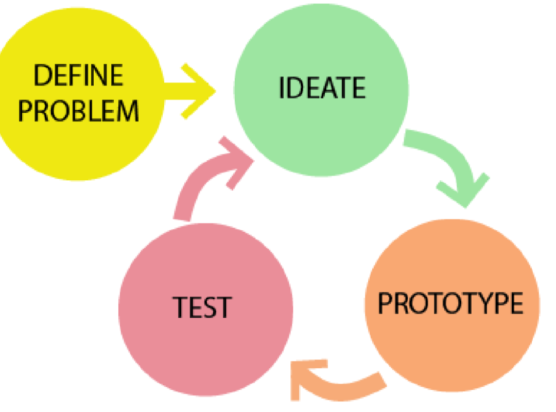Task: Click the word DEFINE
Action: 78,76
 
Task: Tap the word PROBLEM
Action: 78,110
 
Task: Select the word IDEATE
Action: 322,88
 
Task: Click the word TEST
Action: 202,307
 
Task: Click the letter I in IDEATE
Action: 282,88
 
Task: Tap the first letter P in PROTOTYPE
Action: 386,303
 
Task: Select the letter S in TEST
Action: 208,307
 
